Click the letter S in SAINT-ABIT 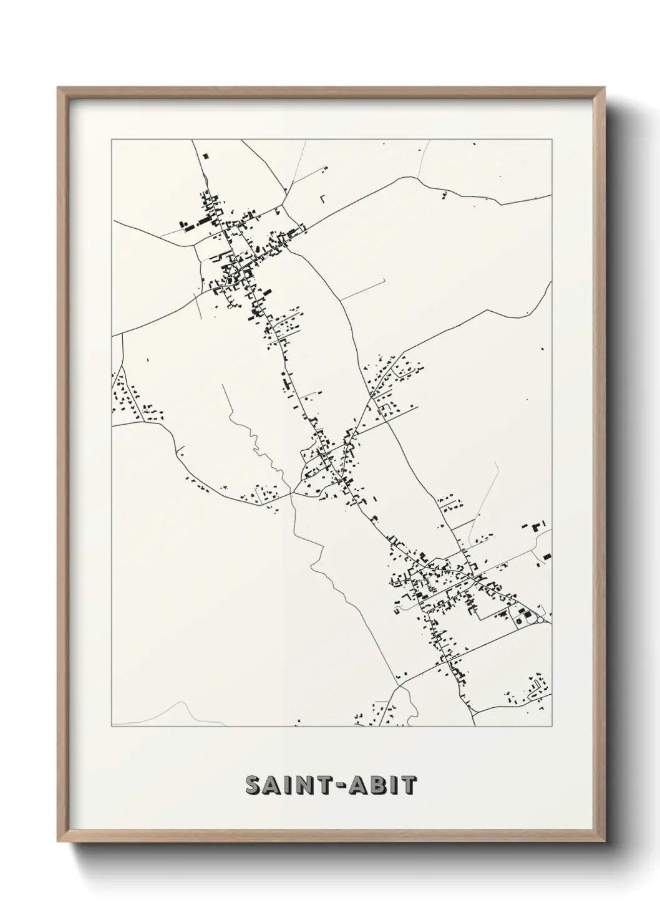click(x=254, y=785)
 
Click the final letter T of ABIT click(x=409, y=785)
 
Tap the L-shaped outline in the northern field click(x=323, y=199)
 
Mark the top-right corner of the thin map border click(x=552, y=140)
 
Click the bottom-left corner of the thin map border click(x=112, y=727)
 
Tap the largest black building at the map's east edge click(x=546, y=555)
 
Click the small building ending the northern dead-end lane click(x=324, y=168)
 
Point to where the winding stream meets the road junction click(x=292, y=493)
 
